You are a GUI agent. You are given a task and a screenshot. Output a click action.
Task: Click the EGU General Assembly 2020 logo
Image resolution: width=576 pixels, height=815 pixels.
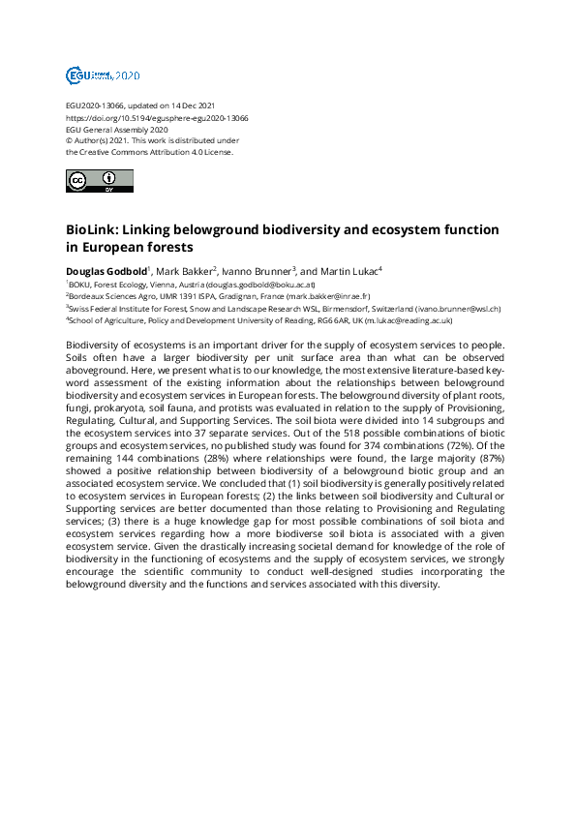(103, 75)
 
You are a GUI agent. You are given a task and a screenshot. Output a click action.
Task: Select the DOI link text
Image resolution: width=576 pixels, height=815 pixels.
(157, 118)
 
